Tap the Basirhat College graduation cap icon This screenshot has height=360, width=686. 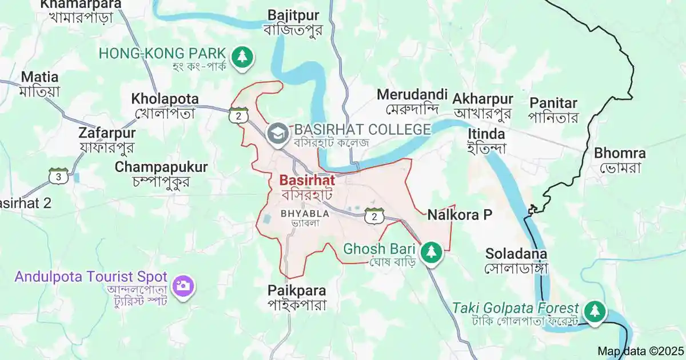278,133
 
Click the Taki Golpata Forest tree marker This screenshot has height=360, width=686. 595,311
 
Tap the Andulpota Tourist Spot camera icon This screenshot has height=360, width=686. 184,285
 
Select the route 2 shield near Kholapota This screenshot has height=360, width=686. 238,115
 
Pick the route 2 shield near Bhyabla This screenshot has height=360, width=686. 373,216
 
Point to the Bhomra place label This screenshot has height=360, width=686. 620,154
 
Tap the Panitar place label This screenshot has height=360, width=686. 553,103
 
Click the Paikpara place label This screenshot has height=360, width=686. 297,290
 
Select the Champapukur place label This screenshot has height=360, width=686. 161,167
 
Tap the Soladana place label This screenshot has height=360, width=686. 516,253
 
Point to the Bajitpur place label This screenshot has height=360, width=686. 294,15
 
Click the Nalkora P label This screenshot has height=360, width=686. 460,215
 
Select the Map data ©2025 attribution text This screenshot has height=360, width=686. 640,351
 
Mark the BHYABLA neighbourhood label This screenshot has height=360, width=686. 305,214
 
